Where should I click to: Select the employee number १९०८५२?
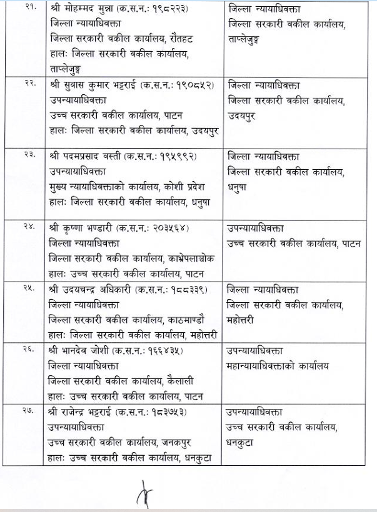[x=194, y=85]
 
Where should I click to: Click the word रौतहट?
[x=181, y=39]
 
